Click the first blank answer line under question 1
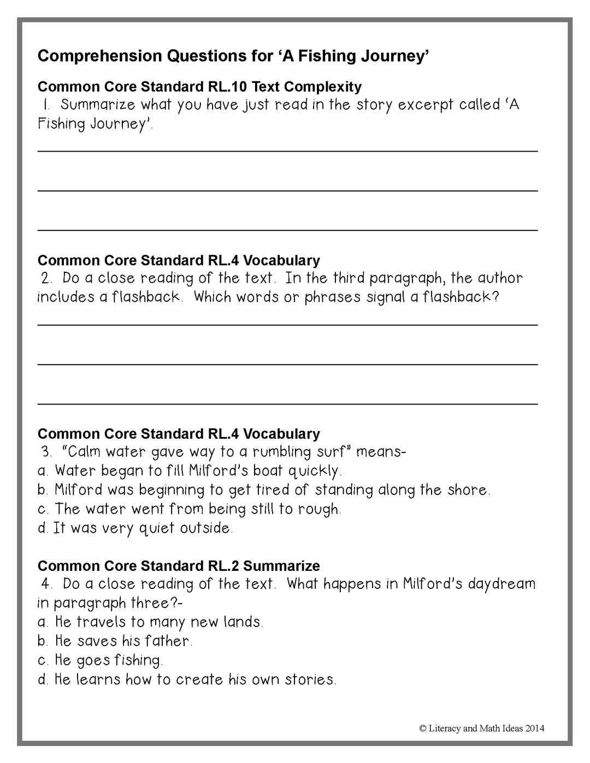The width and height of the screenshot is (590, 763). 287,151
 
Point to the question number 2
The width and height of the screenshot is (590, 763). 46,278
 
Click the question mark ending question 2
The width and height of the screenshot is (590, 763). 495,297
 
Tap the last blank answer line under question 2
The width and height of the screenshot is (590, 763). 287,404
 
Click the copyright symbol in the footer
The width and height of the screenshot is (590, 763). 422,728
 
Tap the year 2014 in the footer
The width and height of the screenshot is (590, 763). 535,728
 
